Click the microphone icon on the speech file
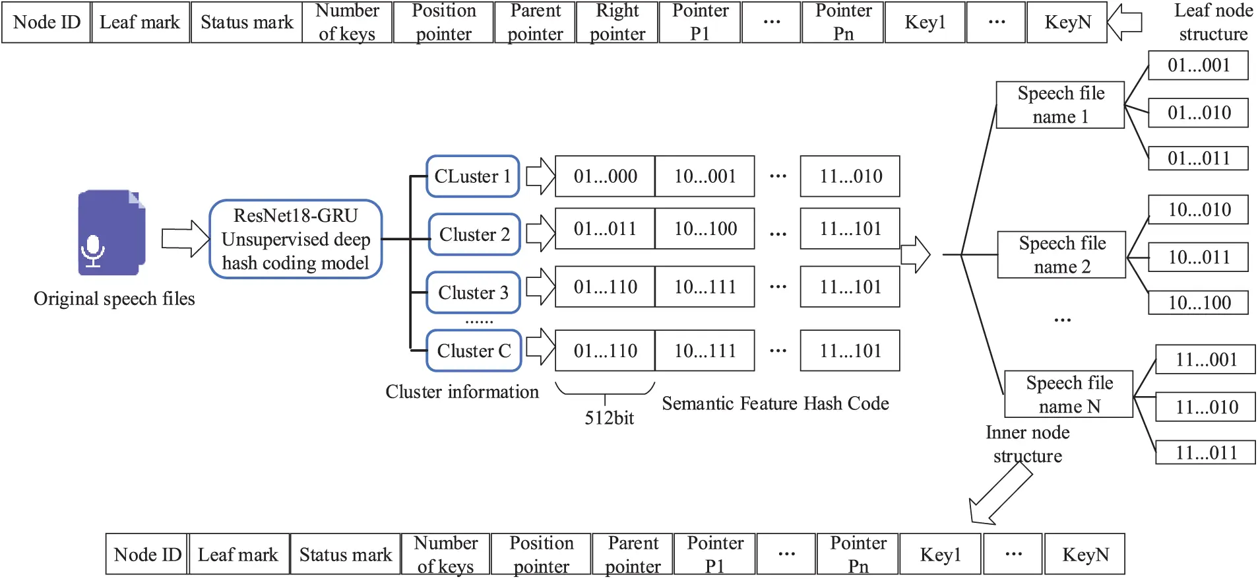point(93,251)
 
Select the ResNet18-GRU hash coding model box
point(296,239)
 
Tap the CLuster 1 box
point(473,176)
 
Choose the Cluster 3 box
point(474,292)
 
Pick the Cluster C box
point(474,351)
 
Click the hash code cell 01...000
point(605,176)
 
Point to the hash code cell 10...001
point(705,176)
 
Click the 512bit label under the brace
point(609,418)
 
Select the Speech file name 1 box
point(1060,105)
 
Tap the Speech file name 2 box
point(1061,255)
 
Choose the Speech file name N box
point(1069,394)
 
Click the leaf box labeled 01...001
point(1198,65)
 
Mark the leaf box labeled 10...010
point(1199,210)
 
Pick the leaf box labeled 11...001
point(1205,360)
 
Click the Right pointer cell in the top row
point(617,22)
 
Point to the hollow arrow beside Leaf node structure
point(1124,22)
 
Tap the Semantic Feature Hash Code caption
point(775,403)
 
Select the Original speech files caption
point(114,299)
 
